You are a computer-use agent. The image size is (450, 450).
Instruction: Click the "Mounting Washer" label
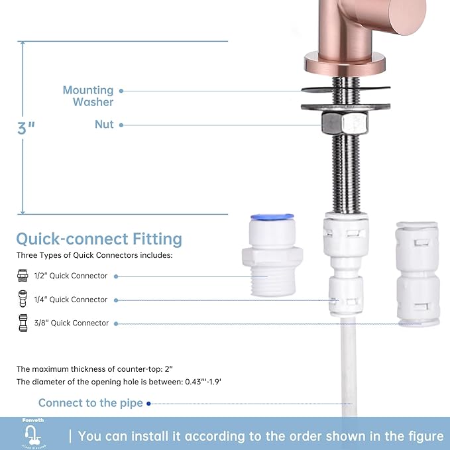click(88, 96)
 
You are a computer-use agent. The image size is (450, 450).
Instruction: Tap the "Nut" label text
click(104, 125)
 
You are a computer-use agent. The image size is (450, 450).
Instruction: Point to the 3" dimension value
click(27, 128)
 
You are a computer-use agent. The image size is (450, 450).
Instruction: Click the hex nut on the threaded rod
click(345, 123)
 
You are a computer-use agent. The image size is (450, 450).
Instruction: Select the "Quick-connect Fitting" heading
click(99, 239)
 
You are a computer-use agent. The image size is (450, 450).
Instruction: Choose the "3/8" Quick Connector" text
click(71, 323)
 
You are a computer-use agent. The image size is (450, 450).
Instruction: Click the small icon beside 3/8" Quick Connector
click(23, 323)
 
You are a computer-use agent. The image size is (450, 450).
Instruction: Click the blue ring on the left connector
click(273, 217)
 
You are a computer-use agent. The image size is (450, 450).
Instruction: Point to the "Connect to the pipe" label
click(90, 403)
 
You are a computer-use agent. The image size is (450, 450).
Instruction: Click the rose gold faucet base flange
click(345, 65)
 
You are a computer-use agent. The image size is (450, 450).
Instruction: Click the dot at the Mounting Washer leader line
click(121, 90)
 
